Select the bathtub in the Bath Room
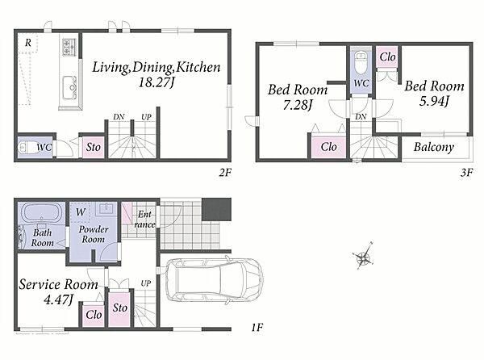click(41, 213)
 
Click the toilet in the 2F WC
click(27, 148)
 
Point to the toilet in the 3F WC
click(361, 63)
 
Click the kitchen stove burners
click(69, 47)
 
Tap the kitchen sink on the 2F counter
click(69, 87)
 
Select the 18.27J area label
click(156, 83)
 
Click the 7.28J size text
click(297, 105)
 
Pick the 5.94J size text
click(434, 101)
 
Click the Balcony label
click(434, 147)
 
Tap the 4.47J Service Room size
click(59, 299)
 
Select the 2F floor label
click(225, 172)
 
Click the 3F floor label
click(466, 172)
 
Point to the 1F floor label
click(257, 327)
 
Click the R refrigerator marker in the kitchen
click(27, 43)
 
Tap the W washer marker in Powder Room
click(80, 211)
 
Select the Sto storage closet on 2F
click(94, 147)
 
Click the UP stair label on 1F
click(146, 283)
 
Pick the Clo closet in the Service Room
click(94, 315)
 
